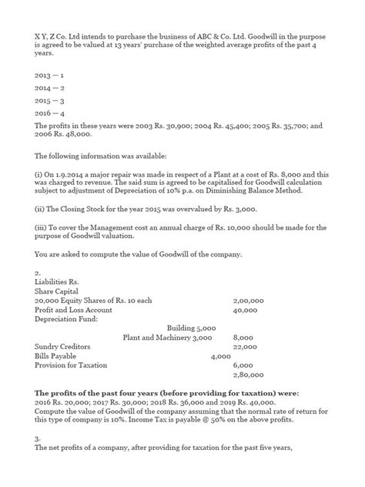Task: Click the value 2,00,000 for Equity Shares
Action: pyautogui.click(x=248, y=301)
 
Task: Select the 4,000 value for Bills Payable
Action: pyautogui.click(x=221, y=356)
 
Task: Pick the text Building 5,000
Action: pyautogui.click(x=192, y=328)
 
